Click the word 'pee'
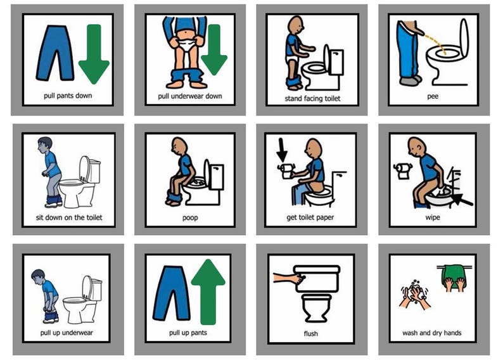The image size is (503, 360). click(x=433, y=97)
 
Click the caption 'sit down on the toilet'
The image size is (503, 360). click(x=69, y=218)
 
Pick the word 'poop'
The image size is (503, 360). click(x=189, y=217)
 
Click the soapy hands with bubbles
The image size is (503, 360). click(x=415, y=294)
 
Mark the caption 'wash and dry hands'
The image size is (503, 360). click(x=432, y=333)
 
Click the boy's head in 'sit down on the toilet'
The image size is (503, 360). click(x=44, y=145)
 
